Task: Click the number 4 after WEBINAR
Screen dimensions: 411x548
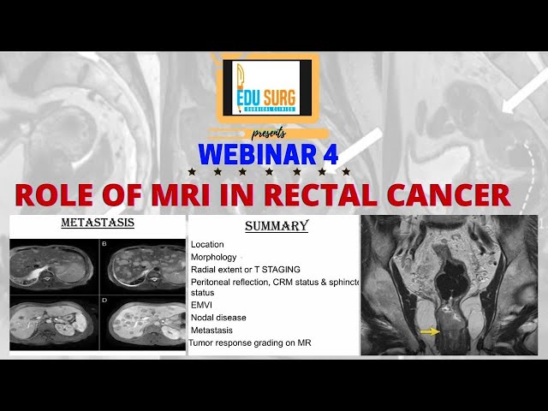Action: tap(330, 155)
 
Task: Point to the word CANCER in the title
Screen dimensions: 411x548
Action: tap(450, 194)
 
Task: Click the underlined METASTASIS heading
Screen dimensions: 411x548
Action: tap(97, 224)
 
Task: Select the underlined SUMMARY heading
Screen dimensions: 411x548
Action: tap(276, 227)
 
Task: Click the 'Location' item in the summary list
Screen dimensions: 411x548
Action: tap(207, 245)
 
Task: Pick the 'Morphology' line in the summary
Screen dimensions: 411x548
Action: tap(214, 257)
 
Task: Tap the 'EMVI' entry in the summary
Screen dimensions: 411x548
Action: tap(202, 304)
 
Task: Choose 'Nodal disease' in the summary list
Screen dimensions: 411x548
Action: tap(218, 317)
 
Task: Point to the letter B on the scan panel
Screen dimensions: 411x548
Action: tap(104, 243)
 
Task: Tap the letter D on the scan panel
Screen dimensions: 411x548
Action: tap(104, 301)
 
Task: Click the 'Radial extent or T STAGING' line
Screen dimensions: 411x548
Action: tap(246, 269)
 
